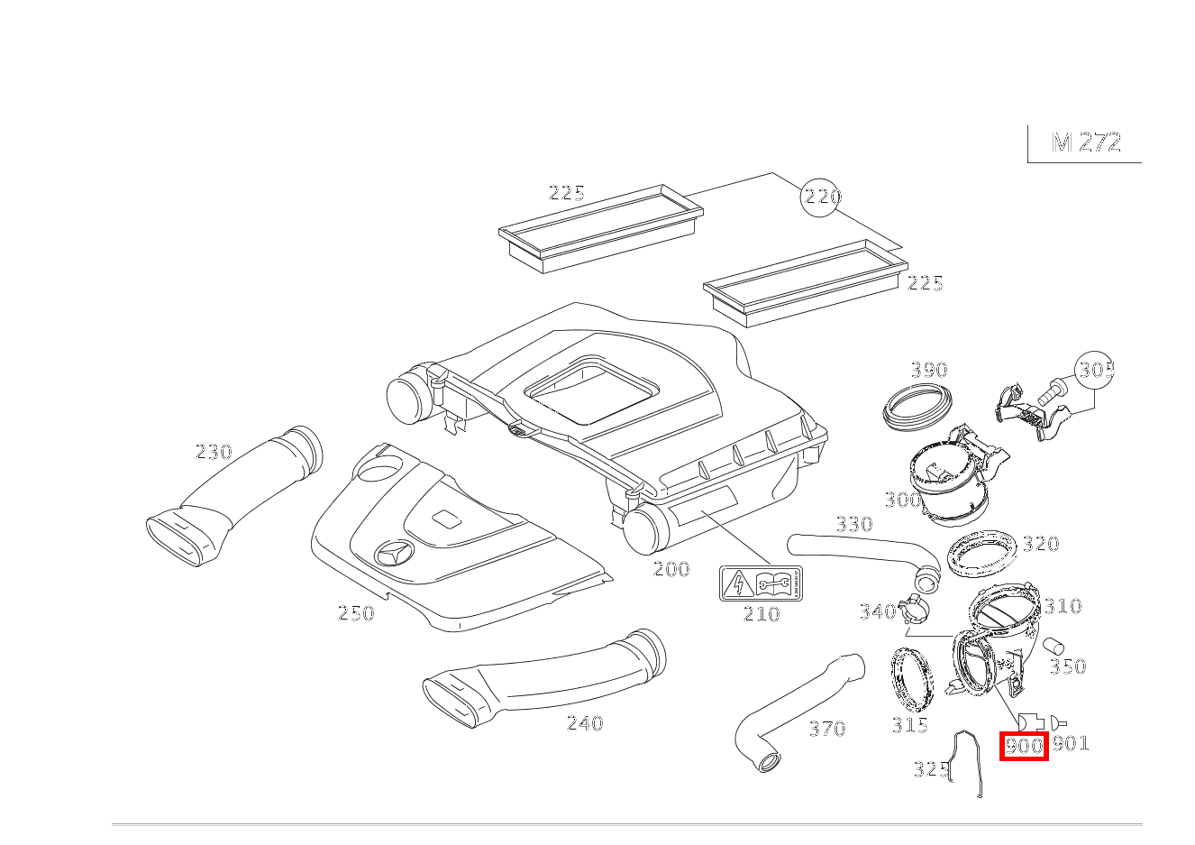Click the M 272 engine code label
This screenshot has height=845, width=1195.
pos(1086,142)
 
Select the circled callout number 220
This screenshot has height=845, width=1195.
pos(821,197)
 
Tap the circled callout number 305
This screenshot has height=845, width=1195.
pos(1095,370)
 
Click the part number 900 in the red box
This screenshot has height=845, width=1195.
pos(1024,747)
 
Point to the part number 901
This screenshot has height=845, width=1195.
pos(1071,743)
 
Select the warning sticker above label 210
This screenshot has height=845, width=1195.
pos(761,583)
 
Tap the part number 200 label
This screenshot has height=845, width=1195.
pos(670,569)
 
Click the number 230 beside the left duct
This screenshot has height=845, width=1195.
pos(214,452)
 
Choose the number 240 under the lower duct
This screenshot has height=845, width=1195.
pos(584,723)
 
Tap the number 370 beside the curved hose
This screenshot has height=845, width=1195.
pos(826,729)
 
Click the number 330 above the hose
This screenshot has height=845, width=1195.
pos(853,525)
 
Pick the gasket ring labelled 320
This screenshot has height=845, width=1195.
pos(981,553)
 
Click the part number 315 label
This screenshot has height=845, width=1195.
pos(909,725)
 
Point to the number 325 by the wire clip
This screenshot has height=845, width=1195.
pos(930,769)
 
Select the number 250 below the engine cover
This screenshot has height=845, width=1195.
pos(355,613)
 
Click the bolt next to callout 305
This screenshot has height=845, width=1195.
pos(1051,392)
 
